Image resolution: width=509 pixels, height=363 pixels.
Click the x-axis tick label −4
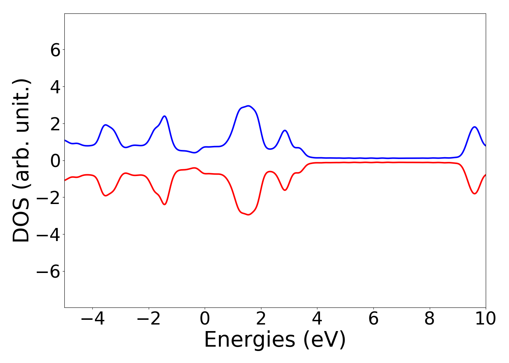click(x=92, y=319)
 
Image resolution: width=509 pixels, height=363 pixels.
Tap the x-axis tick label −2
click(x=149, y=319)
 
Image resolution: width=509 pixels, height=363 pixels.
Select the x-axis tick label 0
click(x=205, y=319)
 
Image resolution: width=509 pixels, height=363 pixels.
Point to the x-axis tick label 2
click(x=261, y=319)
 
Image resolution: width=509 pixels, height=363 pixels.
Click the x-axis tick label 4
click(x=317, y=319)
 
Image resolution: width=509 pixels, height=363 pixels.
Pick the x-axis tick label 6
click(x=373, y=319)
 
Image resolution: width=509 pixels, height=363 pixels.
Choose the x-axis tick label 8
click(x=429, y=319)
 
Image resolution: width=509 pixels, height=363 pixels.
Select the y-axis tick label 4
click(x=55, y=87)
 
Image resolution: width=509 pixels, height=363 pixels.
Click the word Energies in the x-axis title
click(x=249, y=340)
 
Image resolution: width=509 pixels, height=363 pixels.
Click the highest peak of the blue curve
click(x=249, y=106)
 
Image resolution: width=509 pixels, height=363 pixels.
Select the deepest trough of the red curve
click(x=249, y=215)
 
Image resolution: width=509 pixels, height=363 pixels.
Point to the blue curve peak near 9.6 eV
click(x=474, y=127)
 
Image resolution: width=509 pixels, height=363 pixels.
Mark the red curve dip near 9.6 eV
click(x=474, y=193)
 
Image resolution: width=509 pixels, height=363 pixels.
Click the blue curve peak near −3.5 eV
click(x=106, y=125)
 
